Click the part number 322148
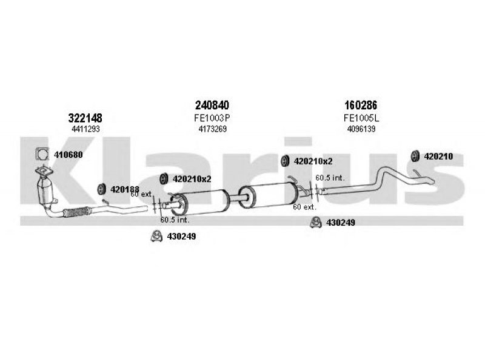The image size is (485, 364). pos(85,118)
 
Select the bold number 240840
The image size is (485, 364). pos(212,105)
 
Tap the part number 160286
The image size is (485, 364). pos(361,105)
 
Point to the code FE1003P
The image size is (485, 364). pos(212,118)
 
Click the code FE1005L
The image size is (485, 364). pos(361,118)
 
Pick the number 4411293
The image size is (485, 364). pos(85,129)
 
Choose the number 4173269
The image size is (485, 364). pos(213,129)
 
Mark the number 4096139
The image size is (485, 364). pos(361,129)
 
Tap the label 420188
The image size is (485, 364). pos(125,189)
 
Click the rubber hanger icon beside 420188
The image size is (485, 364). pos(101,189)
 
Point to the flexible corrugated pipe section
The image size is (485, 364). pos(77,212)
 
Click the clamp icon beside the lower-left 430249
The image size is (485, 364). pos(156,236)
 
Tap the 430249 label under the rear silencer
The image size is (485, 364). pos(341,222)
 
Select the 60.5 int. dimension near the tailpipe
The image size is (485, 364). pos(330,178)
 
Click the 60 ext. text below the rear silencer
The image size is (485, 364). pos(304,207)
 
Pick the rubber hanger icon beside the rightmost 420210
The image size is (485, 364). pos(415,157)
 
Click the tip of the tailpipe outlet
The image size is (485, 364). pos(434,182)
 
